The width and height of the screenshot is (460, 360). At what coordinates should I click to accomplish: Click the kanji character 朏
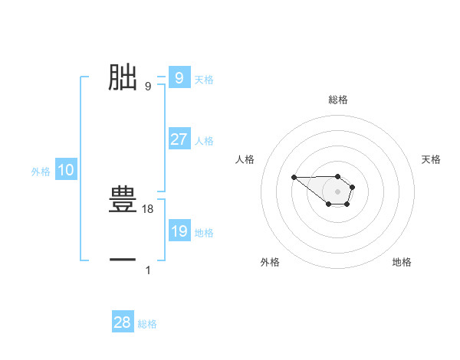coord(123,78)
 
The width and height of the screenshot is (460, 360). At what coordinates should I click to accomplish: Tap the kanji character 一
coord(123,260)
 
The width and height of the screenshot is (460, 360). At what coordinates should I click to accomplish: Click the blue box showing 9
coord(179,78)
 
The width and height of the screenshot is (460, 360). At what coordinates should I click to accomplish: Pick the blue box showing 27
coord(179,139)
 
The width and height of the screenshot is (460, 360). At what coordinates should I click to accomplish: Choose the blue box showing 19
coord(179,231)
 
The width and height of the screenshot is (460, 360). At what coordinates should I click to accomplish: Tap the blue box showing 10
coord(65,171)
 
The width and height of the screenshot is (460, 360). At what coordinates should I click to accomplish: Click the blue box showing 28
coord(123,322)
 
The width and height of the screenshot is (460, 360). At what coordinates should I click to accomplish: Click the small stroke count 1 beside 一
coord(148,270)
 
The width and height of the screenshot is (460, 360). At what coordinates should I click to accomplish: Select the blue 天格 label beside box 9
coord(204,79)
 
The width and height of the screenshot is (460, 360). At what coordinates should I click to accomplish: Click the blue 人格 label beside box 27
coord(204,141)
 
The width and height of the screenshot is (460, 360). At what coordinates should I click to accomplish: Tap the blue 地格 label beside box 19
coord(204,233)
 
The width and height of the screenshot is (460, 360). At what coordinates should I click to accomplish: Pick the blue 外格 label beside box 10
coord(41,172)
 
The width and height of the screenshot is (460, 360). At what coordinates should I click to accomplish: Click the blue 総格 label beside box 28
coord(147,324)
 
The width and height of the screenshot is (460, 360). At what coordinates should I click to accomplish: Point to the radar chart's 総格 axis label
coord(337,100)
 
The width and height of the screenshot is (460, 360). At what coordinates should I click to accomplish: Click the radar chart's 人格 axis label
coord(245,159)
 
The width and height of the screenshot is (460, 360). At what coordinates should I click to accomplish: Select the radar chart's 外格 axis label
coord(270,262)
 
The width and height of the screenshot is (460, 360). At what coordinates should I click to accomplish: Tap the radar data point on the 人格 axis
coord(294,178)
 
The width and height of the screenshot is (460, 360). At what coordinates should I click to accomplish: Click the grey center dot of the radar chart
coord(337,191)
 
